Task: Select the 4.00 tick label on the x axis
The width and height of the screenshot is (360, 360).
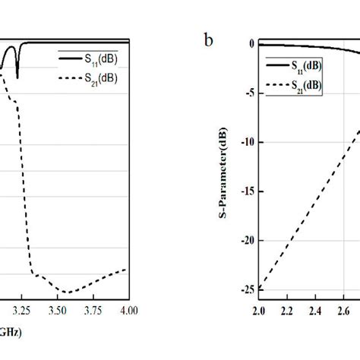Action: tap(128, 310)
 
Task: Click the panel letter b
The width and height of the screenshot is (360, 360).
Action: tap(208, 39)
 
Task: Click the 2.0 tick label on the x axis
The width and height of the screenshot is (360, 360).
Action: tap(258, 311)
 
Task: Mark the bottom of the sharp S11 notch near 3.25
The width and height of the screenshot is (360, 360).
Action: tap(17, 77)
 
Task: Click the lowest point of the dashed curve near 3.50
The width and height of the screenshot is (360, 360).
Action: tap(68, 292)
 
